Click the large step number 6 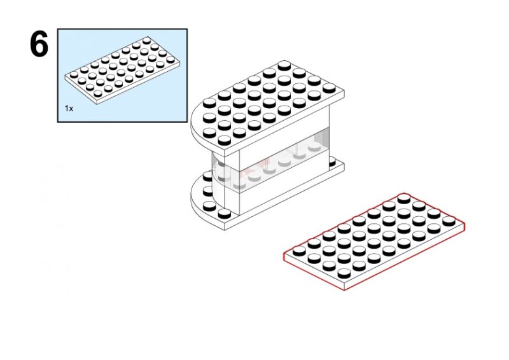click(39, 44)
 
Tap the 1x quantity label click(69, 108)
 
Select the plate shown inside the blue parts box click(122, 70)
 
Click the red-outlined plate click(374, 241)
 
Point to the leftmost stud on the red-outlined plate click(299, 251)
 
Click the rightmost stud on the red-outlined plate click(449, 221)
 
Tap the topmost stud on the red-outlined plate click(404, 198)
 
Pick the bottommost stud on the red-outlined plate click(344, 273)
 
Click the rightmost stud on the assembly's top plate click(329, 88)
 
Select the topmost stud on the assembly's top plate click(284, 66)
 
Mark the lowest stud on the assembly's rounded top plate click(225, 140)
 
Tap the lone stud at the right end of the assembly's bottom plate click(332, 162)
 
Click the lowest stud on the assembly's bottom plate click(225, 214)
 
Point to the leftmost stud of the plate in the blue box click(74, 74)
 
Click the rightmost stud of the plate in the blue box click(171, 60)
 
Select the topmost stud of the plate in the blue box click(146, 40)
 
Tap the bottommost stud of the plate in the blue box click(98, 93)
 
